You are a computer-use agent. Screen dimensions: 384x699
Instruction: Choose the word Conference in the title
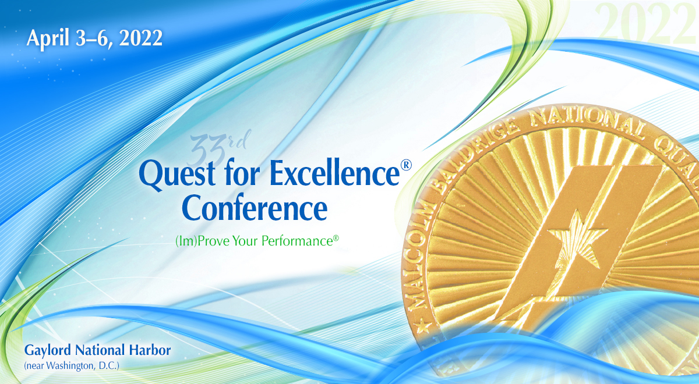(254, 208)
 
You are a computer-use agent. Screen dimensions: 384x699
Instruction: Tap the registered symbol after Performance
(336, 237)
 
